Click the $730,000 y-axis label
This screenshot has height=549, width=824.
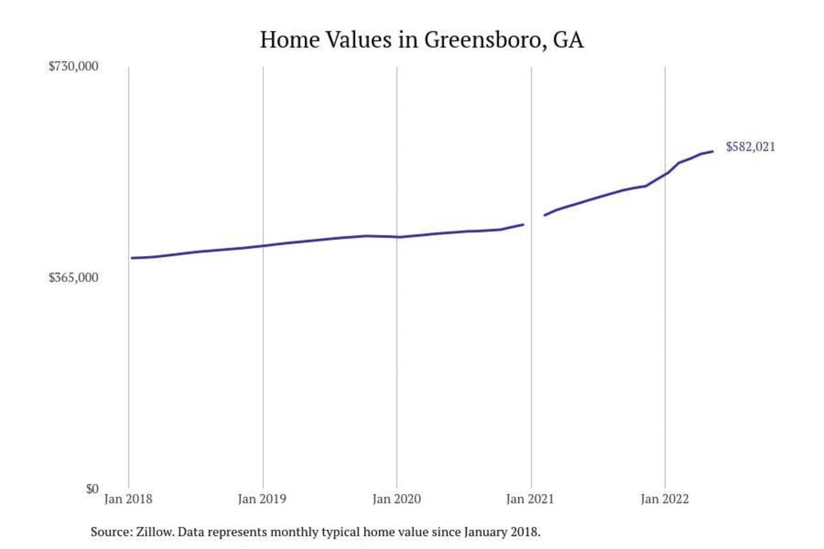coord(73,66)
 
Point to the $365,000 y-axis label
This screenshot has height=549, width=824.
coord(73,278)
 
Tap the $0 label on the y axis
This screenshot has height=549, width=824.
coord(92,489)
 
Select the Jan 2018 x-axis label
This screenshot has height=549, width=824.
coord(128,499)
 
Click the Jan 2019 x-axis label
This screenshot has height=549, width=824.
coord(262,499)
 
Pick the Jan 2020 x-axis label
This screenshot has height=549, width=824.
coord(397,499)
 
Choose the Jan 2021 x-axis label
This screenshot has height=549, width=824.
coord(530,499)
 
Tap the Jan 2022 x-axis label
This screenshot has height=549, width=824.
coord(664,499)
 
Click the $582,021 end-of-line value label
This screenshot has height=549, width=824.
coord(750,147)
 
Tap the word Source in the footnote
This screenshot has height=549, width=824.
coord(110,532)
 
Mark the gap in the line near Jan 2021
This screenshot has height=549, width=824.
coord(534,220)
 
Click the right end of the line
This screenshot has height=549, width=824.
coord(712,152)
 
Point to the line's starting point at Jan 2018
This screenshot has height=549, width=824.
coord(132,258)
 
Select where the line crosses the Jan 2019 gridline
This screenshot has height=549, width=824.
coord(263,246)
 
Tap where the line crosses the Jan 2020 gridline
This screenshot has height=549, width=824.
coord(397,237)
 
